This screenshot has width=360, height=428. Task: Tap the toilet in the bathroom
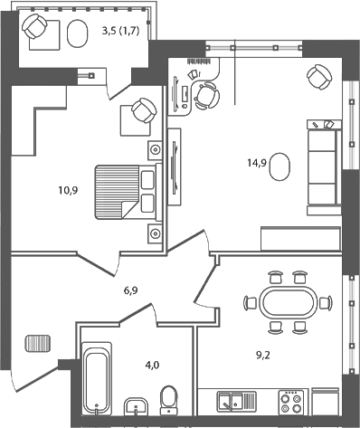(168, 399)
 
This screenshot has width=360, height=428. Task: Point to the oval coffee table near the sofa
(281, 166)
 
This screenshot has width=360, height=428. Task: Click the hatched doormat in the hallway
(39, 345)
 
